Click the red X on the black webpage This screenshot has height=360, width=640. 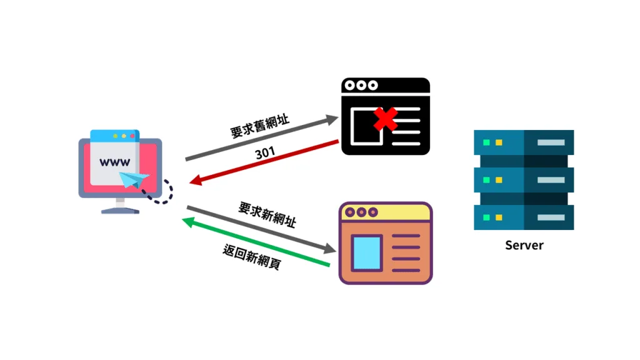pyautogui.click(x=385, y=119)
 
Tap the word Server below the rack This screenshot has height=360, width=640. pyautogui.click(x=524, y=245)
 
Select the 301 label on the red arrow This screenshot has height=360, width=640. pyautogui.click(x=265, y=153)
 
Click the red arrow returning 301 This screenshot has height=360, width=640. pyautogui.click(x=264, y=162)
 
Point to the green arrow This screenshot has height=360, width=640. pyautogui.click(x=256, y=242)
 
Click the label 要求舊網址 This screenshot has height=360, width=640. pyautogui.click(x=260, y=126)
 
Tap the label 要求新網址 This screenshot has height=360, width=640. pyautogui.click(x=267, y=214)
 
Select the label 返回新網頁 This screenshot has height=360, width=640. pyautogui.click(x=252, y=257)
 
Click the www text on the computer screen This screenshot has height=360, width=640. pyautogui.click(x=115, y=162)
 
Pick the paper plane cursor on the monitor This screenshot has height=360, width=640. pyautogui.click(x=134, y=179)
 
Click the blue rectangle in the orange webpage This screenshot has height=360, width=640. pyautogui.click(x=366, y=252)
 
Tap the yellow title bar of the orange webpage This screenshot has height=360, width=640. pyautogui.click(x=386, y=212)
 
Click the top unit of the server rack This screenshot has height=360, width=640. pyautogui.click(x=524, y=142)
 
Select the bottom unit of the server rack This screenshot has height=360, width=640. pyautogui.click(x=524, y=217)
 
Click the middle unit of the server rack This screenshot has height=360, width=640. pyautogui.click(x=524, y=180)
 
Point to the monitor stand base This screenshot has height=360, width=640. pyautogui.click(x=121, y=211)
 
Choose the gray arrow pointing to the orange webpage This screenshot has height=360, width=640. pyautogui.click(x=262, y=229)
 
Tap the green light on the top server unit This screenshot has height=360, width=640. pyautogui.click(x=486, y=142)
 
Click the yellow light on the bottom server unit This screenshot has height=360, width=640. pyautogui.click(x=499, y=217)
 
